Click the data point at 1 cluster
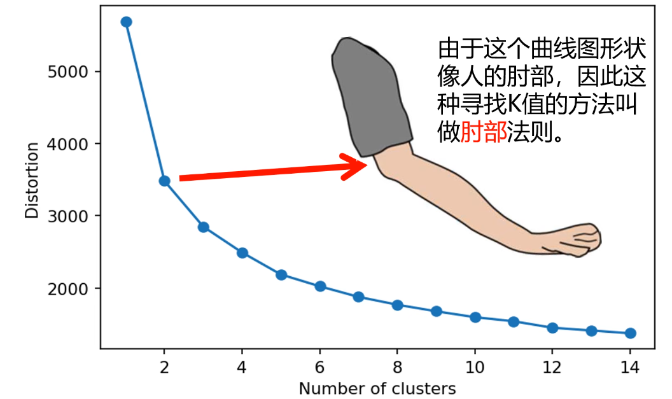pos(126,22)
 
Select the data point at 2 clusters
pos(164,181)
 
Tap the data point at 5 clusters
pos(281,275)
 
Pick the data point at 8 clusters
pos(397,305)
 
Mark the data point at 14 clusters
pos(631,333)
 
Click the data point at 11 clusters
pos(514,321)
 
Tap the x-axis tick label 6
pos(320,367)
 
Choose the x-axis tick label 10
pos(475,367)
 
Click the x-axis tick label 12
pos(552,367)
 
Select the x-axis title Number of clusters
pos(377,388)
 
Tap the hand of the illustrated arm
pos(576,239)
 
